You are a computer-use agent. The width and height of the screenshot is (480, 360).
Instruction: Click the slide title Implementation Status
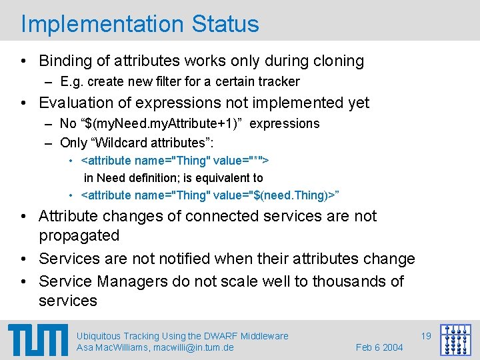click(140, 23)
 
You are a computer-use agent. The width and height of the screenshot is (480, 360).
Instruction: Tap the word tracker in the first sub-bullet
click(280, 82)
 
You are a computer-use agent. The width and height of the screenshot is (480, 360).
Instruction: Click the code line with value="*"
click(175, 161)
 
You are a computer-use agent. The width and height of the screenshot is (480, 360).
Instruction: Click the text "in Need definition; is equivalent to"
click(173, 178)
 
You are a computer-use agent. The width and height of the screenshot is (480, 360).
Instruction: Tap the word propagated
click(79, 236)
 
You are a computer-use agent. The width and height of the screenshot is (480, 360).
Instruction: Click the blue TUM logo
click(38, 339)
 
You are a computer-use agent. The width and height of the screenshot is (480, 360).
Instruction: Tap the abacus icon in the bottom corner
click(455, 340)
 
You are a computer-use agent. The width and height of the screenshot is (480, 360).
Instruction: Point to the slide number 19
click(426, 336)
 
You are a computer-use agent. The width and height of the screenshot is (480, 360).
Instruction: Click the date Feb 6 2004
click(379, 347)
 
